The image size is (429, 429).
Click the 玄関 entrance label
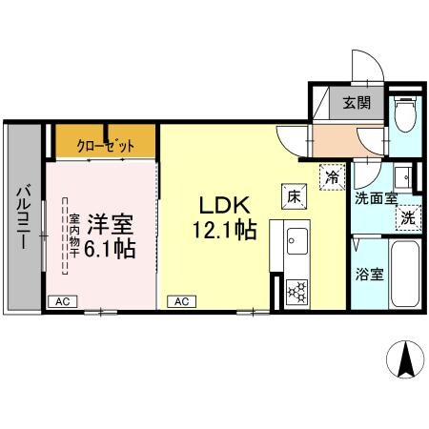click(357, 104)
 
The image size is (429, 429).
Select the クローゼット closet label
click(106, 146)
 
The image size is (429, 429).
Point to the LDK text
click(223, 206)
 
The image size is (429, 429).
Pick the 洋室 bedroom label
click(111, 226)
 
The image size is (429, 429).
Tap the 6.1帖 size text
click(112, 250)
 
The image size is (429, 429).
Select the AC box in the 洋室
click(62, 301)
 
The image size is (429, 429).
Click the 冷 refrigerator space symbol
click(330, 177)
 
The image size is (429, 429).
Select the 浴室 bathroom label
click(371, 275)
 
